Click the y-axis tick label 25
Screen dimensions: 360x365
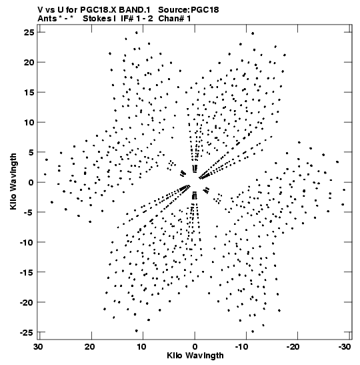point(29,32)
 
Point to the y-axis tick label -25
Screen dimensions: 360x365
point(27,332)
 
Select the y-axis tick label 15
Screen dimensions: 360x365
point(29,92)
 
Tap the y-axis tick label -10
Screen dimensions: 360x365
point(27,242)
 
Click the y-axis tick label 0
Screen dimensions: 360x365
point(31,182)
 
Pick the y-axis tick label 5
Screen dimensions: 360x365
point(31,152)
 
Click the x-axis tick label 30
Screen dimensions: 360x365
point(39,347)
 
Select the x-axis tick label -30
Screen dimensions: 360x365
point(345,347)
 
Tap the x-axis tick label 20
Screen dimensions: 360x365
point(90,347)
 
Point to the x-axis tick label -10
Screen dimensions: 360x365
point(241,347)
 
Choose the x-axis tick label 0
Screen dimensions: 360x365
point(195,347)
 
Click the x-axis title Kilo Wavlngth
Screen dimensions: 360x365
point(195,356)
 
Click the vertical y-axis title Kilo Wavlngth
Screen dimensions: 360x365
point(13,181)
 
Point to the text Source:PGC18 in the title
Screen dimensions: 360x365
point(189,10)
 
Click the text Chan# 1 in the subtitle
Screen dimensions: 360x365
point(175,19)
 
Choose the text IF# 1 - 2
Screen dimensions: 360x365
point(137,19)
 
